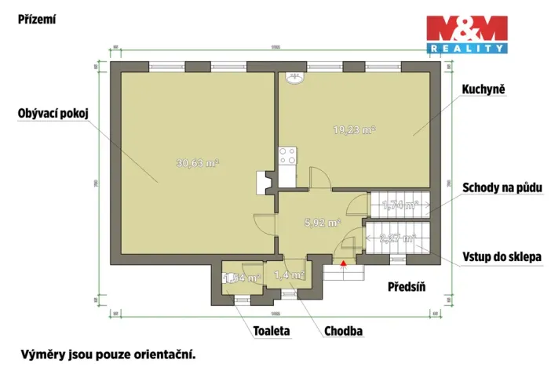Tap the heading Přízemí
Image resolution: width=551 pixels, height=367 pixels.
[x=37, y=19]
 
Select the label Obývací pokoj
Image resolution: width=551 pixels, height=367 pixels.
[x=53, y=114]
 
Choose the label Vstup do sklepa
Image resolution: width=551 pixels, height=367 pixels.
[x=502, y=256]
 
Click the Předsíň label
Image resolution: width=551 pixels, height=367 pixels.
[x=406, y=286]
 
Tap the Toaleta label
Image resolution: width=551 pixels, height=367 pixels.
[x=271, y=331]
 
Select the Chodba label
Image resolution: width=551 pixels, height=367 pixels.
[x=343, y=331]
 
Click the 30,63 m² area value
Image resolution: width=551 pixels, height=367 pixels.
[x=197, y=164]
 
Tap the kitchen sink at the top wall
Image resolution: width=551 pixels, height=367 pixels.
[x=297, y=78]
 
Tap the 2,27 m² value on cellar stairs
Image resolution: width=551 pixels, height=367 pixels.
[x=396, y=238]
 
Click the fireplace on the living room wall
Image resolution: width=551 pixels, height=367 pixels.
[x=263, y=182]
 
